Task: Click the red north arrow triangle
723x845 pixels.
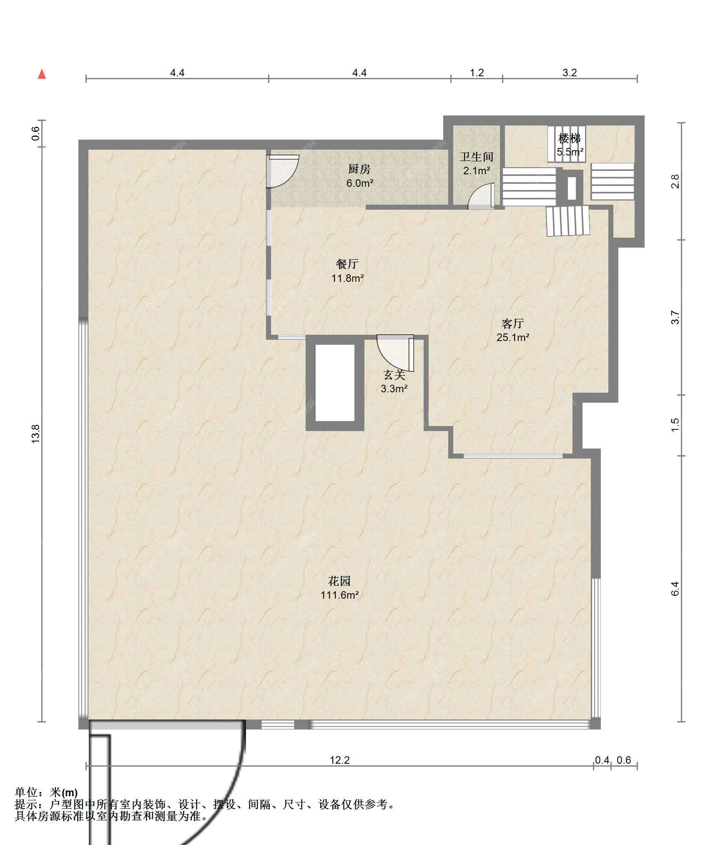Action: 42,74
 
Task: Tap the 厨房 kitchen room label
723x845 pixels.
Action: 359,169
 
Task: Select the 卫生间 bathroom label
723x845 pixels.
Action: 477,157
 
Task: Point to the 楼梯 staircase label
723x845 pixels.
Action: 570,138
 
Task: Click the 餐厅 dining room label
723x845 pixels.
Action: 347,264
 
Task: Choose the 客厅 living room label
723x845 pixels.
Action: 512,323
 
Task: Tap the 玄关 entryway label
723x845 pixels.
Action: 394,375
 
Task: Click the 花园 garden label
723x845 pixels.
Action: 339,581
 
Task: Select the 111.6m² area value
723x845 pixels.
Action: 339,595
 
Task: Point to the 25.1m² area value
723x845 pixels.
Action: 512,337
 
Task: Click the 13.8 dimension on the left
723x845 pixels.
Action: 35,434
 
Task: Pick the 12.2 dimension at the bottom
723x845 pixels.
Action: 340,760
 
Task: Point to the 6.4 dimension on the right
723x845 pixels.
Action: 675,589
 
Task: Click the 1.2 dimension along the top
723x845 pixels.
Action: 477,73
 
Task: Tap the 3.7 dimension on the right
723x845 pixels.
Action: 675,318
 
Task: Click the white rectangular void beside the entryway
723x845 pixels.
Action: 335,383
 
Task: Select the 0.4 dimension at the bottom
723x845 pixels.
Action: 602,760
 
